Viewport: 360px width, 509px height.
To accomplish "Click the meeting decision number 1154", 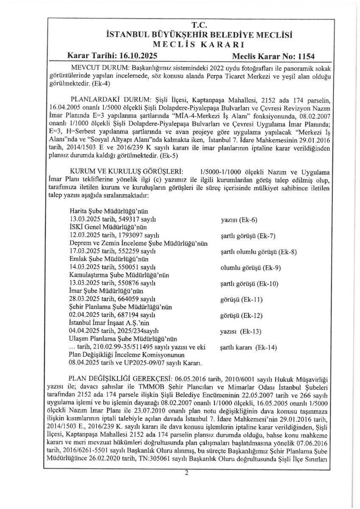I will (x=306, y=56).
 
